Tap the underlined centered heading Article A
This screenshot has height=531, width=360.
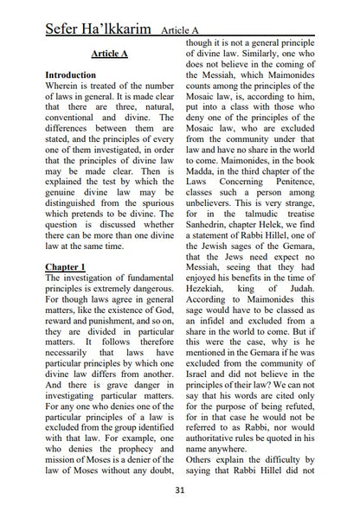[x=109, y=54]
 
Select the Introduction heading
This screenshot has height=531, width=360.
[x=76, y=75]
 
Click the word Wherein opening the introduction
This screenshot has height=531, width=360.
[x=66, y=87]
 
